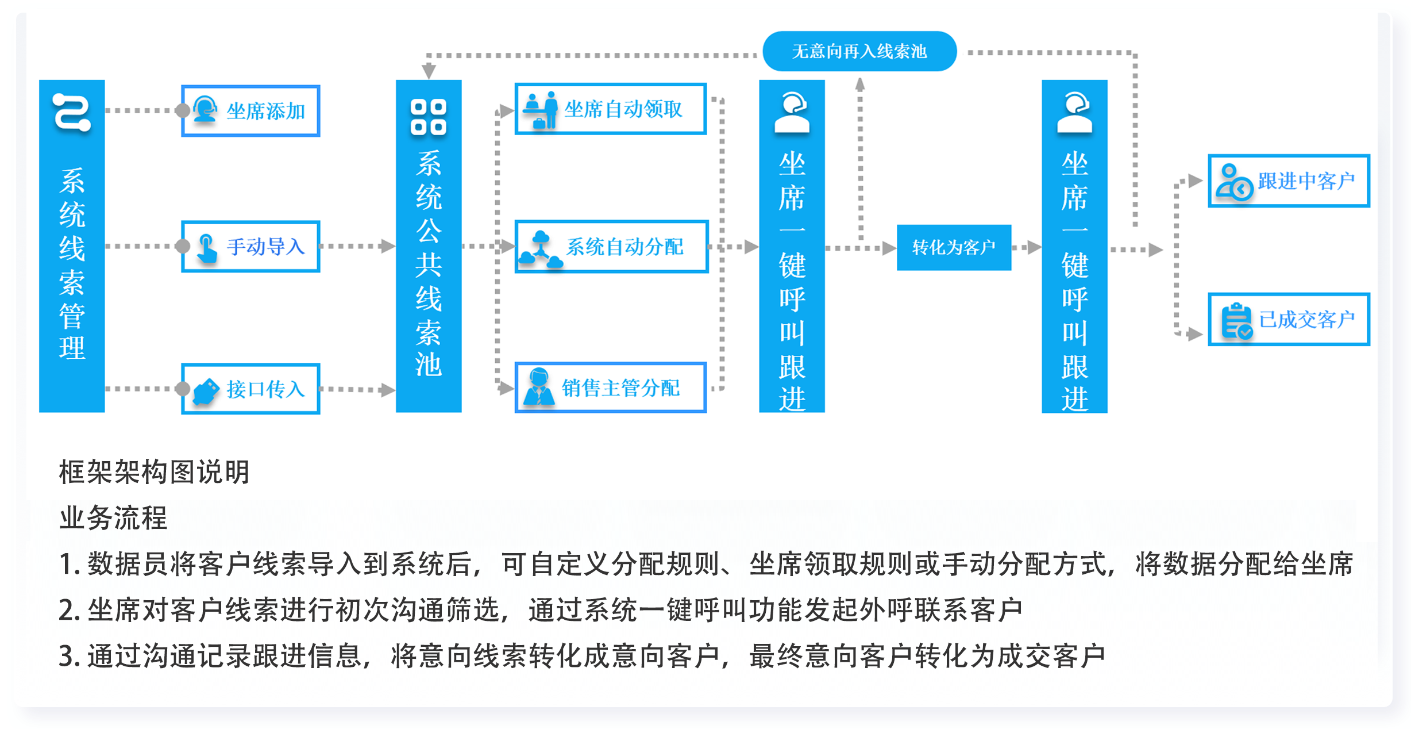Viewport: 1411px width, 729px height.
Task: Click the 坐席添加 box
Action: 250,111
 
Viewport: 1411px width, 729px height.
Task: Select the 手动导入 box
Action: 250,247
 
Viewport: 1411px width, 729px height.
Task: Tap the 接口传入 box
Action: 250,389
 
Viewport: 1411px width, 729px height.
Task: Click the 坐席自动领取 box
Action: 611,109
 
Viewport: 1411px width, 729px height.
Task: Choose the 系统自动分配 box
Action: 611,247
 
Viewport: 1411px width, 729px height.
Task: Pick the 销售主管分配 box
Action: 611,387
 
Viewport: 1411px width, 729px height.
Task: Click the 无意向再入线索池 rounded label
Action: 859,51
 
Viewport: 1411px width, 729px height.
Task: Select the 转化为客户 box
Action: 954,247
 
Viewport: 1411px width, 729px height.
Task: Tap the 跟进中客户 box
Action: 1289,181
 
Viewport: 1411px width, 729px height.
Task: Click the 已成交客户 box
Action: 1289,320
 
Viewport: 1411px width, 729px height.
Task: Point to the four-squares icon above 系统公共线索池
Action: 429,117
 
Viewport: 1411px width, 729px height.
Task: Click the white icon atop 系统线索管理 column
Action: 72,113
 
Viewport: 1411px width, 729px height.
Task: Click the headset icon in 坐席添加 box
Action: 205,109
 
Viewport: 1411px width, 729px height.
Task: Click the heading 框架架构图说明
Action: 154,472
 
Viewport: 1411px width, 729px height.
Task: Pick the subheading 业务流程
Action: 113,517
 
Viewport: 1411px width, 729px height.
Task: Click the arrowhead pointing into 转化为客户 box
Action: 889,248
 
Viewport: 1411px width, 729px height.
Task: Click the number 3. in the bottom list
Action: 69,656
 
